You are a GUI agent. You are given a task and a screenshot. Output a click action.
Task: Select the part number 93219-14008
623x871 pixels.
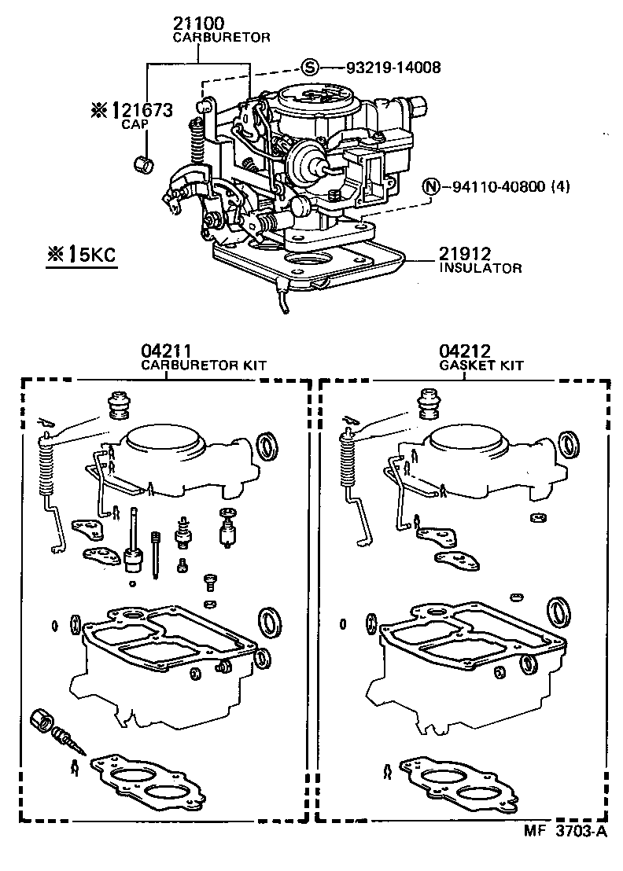pos(393,68)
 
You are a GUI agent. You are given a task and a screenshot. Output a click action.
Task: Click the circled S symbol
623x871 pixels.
pos(311,68)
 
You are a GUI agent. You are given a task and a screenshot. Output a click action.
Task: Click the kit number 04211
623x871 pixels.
pos(166,351)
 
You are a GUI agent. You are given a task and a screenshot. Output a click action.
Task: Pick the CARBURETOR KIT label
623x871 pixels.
pos(203,366)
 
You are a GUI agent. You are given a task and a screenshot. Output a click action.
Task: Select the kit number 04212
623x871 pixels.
pos(464,351)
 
